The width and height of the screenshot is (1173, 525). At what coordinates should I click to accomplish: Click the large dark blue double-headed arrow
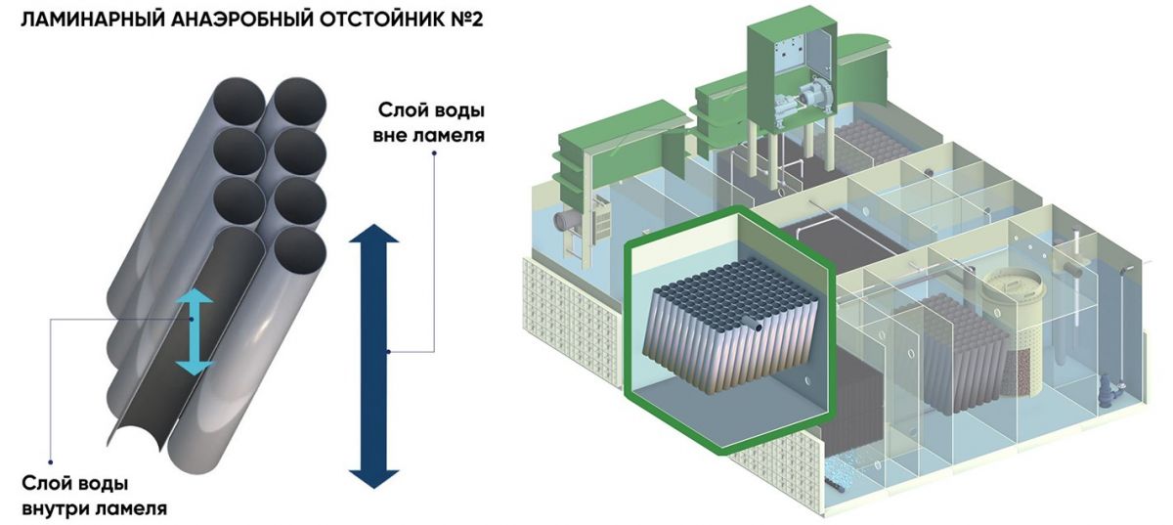tap(374, 354)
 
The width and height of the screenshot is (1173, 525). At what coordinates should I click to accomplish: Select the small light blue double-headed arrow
tap(195, 331)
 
